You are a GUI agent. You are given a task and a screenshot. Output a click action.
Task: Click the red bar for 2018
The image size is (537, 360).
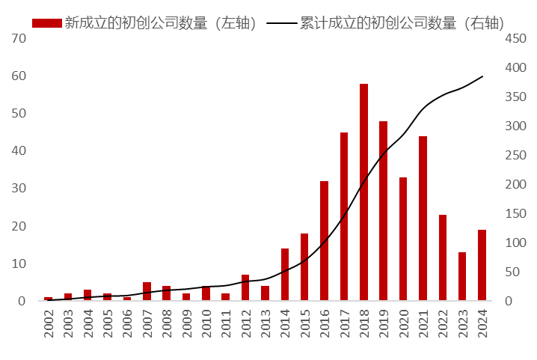pos(364,192)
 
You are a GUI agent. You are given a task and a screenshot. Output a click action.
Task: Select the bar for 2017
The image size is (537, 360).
pos(344,216)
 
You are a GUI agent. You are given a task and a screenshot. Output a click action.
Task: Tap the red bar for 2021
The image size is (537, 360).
pos(423,219)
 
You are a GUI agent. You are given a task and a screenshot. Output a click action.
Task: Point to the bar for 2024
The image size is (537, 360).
pos(482,266)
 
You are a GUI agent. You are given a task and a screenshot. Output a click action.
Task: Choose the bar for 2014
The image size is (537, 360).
pos(285,275)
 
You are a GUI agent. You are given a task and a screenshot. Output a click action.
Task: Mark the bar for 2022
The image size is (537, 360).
pos(443,258)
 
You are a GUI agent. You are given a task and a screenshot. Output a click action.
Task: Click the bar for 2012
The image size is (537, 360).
pos(245,288)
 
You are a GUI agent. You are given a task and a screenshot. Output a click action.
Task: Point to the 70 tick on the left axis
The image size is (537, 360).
pos(20,38)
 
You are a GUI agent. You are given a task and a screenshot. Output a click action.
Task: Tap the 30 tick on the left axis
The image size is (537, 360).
pos(20,189)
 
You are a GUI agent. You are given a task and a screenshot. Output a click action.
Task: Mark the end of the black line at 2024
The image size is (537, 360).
pos(482,76)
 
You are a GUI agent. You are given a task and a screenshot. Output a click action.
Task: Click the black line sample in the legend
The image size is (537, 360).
pos(282,23)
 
